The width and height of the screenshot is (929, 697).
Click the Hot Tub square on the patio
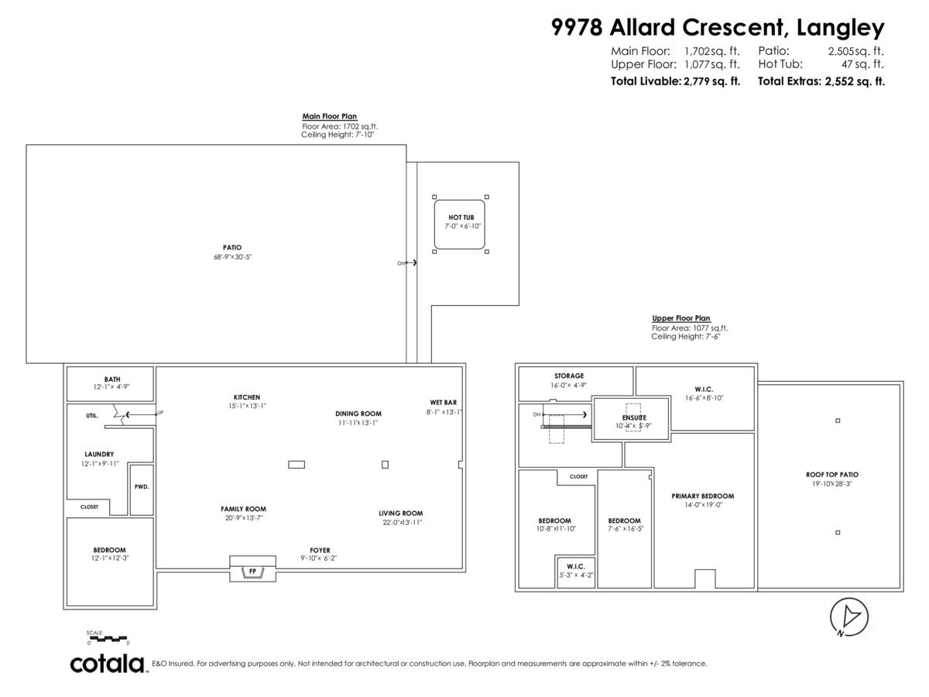(x=460, y=223)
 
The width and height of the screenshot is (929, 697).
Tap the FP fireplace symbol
(x=252, y=572)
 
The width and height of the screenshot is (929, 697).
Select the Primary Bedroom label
(x=702, y=496)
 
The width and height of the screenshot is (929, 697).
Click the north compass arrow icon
(x=850, y=617)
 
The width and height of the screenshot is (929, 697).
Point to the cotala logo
(x=108, y=664)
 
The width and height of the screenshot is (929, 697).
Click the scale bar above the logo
(x=108, y=638)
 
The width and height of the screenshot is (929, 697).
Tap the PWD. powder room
(x=141, y=487)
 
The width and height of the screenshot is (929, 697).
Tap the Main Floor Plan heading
(x=329, y=116)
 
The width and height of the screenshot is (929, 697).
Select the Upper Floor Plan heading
(x=680, y=318)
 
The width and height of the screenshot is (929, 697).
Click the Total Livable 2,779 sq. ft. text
(x=675, y=81)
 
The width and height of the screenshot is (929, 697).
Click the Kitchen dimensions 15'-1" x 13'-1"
(x=246, y=406)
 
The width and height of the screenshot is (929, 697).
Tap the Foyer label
(x=319, y=550)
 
